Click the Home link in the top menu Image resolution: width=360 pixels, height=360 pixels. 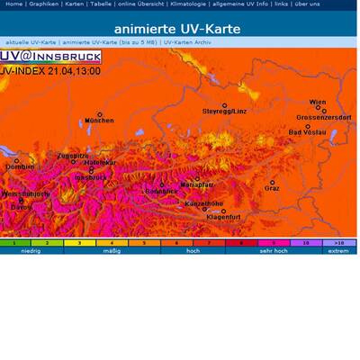(13, 4)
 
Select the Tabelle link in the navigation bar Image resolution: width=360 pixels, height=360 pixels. (102, 4)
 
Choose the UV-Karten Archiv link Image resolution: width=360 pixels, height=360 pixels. (189, 42)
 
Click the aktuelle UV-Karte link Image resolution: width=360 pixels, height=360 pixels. (31, 42)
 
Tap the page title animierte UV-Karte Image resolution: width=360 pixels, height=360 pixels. (177, 29)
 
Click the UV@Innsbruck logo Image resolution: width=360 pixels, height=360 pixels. (50, 57)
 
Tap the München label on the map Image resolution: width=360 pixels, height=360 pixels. (99, 120)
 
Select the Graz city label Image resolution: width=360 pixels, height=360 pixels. (272, 188)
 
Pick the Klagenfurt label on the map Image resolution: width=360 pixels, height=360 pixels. (223, 217)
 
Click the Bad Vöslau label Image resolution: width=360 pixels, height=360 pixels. (307, 132)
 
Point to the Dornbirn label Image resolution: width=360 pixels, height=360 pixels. (20, 166)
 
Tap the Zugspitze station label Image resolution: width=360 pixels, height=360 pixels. (73, 156)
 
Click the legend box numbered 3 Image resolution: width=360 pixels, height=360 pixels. (79, 243)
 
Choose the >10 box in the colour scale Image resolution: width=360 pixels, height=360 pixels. (337, 243)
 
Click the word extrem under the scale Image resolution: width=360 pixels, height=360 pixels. (337, 251)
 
